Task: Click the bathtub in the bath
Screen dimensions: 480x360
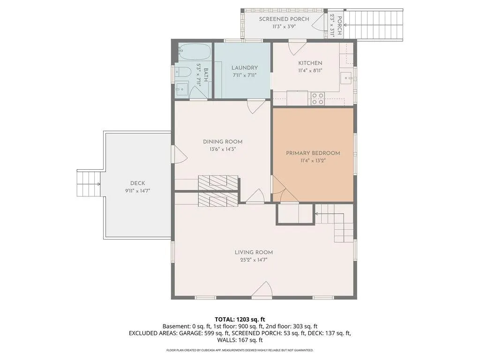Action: click(195, 52)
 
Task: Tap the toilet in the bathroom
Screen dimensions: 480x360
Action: click(183, 71)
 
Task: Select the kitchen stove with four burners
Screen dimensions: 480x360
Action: click(317, 98)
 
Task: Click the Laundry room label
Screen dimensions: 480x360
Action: click(244, 67)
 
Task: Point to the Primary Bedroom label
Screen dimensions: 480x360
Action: click(313, 153)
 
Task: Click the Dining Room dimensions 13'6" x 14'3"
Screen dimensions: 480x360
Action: click(223, 150)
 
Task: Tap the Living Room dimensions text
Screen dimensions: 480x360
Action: click(254, 260)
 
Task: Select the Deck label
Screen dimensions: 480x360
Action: click(137, 183)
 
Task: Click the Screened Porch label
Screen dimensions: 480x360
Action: click(284, 19)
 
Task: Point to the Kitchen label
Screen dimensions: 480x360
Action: click(310, 63)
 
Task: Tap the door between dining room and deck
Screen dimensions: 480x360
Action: click(180, 154)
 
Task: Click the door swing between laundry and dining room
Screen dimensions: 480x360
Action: click(256, 106)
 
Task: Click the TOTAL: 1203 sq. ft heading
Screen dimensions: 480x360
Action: click(240, 320)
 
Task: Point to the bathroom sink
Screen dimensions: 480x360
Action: click(182, 89)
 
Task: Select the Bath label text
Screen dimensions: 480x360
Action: click(206, 75)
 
